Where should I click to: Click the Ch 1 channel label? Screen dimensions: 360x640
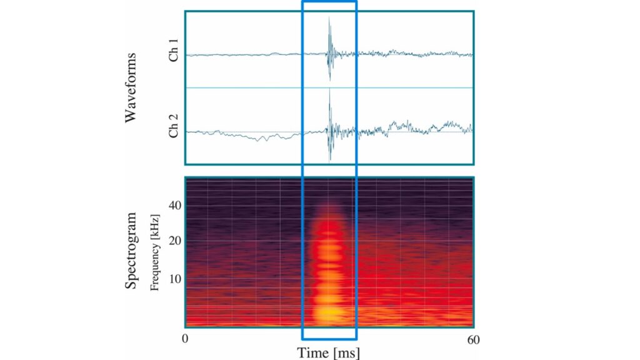pos(174,55)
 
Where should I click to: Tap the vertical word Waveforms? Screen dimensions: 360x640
pos(131,87)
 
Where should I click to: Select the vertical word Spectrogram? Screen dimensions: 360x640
pos(131,251)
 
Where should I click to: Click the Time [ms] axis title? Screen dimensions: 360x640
pos(329,353)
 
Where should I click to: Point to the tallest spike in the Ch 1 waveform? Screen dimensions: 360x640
pos(329,19)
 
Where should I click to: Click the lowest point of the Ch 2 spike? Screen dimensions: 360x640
pos(329,160)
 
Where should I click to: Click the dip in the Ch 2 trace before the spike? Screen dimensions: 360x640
pos(265,139)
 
